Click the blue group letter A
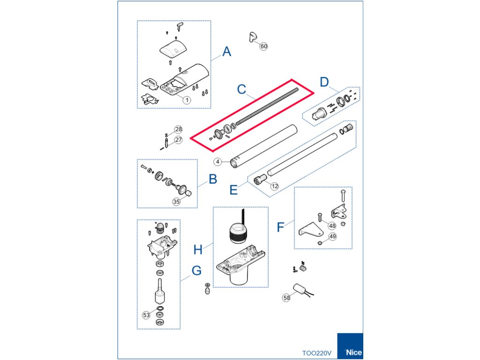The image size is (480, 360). point(226,52)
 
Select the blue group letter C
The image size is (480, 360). point(241,90)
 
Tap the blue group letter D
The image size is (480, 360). point(324,82)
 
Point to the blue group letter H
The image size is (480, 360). point(198,250)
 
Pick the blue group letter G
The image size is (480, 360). point(196,270)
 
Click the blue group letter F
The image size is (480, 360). point(280,227)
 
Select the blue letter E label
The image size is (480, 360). point(233,190)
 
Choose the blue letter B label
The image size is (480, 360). point(213,180)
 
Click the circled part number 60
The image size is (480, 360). point(263,46)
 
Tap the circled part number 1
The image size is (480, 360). point(187,100)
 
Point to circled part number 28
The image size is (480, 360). point(179,129)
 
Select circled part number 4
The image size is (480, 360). point(217,162)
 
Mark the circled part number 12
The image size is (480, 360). point(275,186)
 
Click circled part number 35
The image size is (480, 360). point(176,202)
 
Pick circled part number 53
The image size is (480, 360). point(146,315)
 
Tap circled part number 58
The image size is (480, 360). point(286,298)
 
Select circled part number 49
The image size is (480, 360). point(332,236)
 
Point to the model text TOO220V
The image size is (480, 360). point(316,353)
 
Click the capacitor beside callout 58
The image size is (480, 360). point(300,288)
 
